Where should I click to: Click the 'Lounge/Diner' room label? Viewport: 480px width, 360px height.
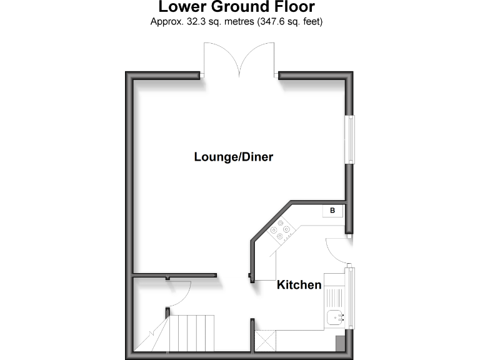tap(233, 157)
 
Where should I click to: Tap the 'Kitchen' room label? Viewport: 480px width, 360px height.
tap(299, 285)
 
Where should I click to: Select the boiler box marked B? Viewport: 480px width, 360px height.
tap(332, 211)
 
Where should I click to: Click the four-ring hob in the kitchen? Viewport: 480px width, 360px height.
tap(280, 231)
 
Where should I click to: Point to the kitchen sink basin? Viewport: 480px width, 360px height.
tap(336, 317)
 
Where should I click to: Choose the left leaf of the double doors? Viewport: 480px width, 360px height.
tap(219, 59)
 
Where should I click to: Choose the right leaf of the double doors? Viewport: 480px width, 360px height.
tap(258, 59)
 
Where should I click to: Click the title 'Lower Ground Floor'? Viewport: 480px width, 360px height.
tap(236, 7)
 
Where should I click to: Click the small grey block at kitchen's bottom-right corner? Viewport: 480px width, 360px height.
tap(340, 343)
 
